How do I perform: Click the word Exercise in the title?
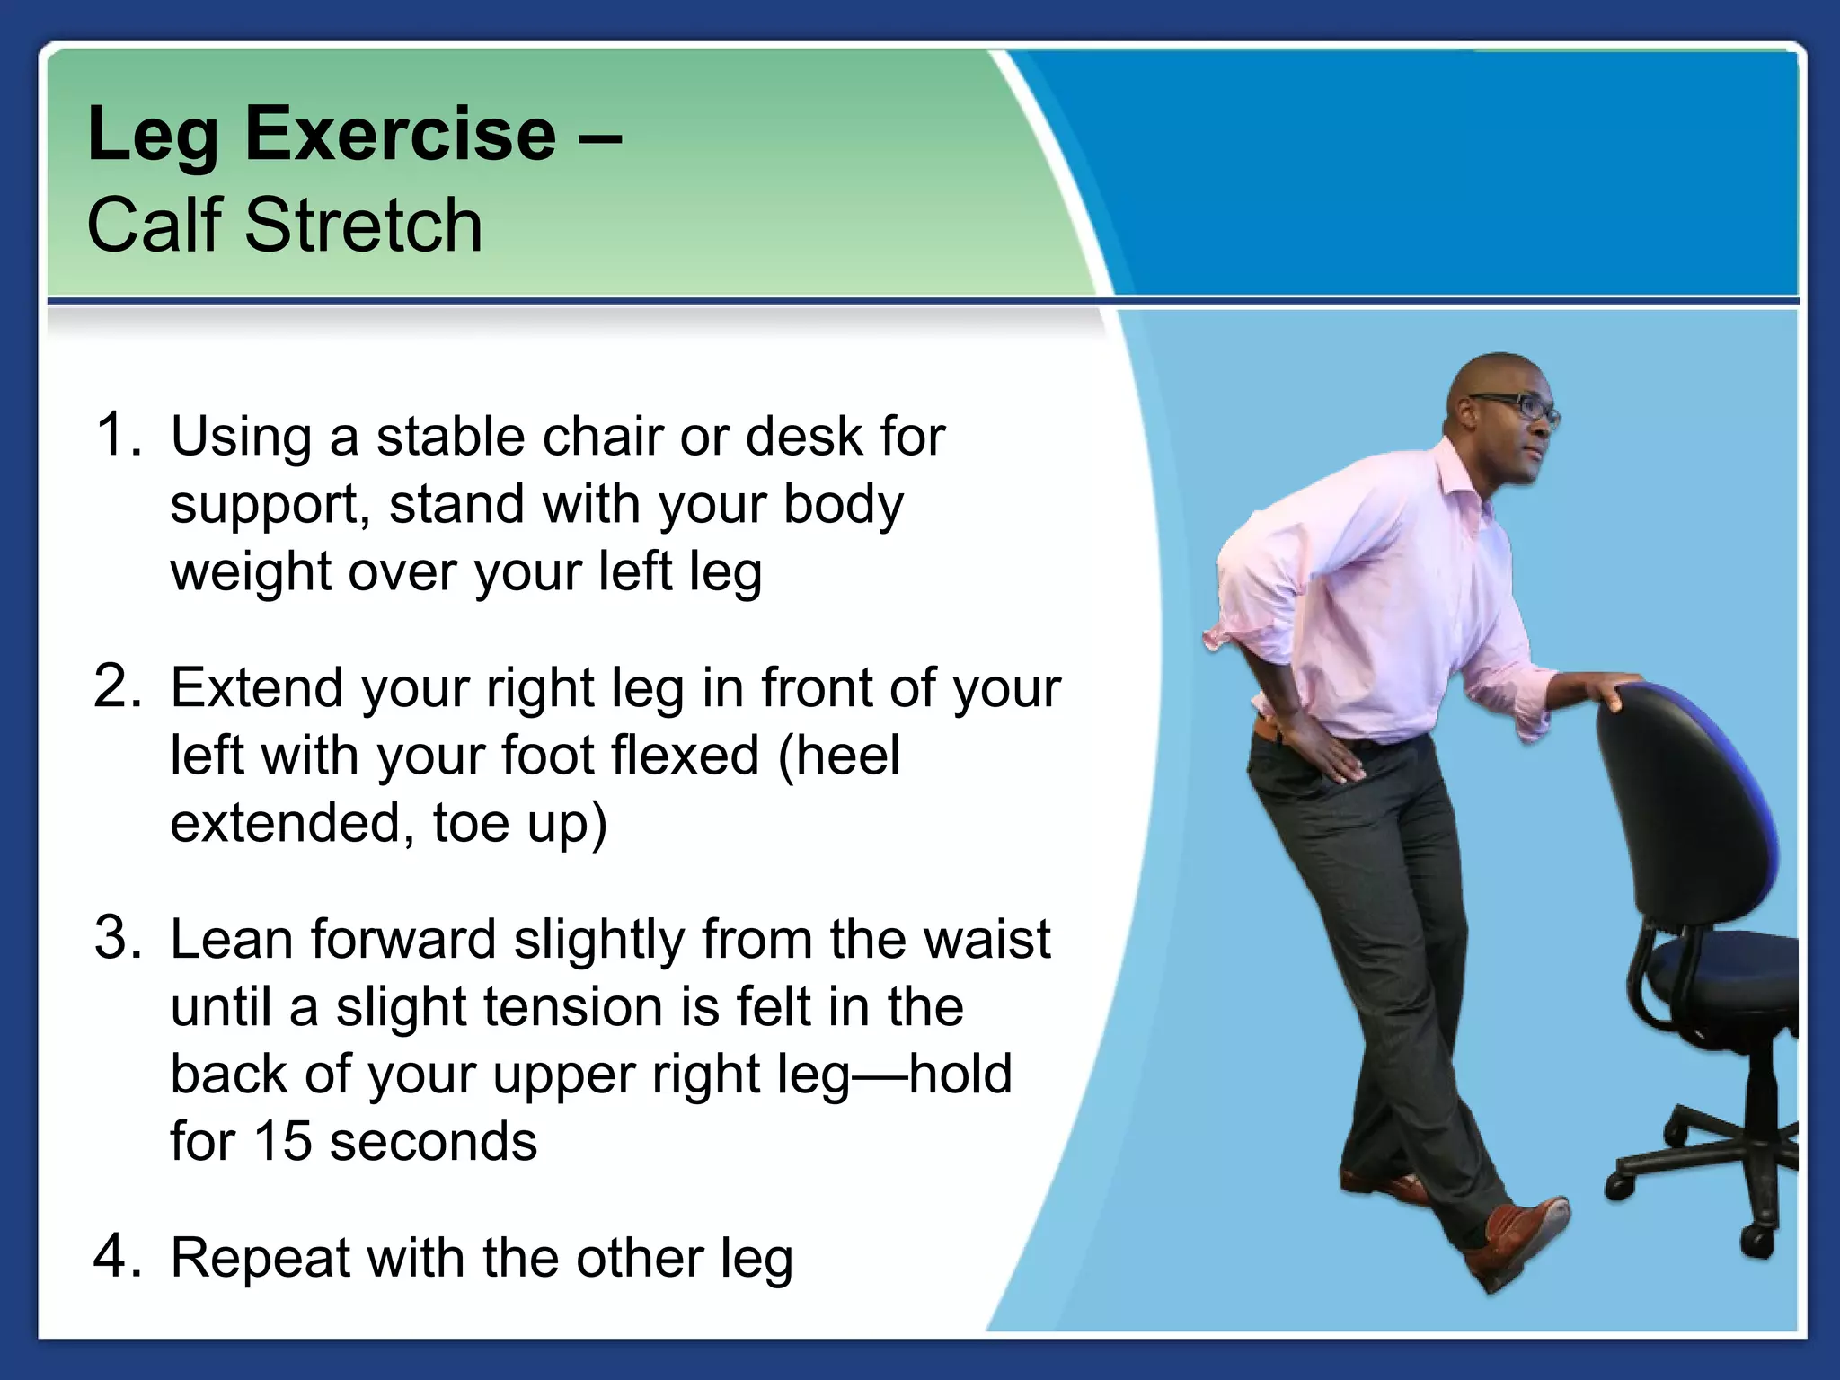400,135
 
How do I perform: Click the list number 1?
117,435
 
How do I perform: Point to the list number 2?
117,687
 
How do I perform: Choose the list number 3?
117,938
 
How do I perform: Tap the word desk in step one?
803,437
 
